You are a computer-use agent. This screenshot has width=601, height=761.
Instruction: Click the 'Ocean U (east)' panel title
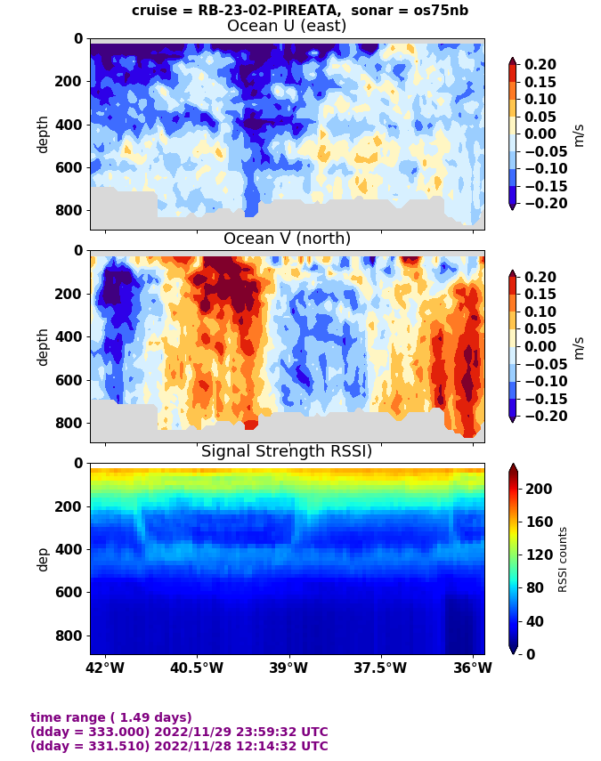tap(287, 26)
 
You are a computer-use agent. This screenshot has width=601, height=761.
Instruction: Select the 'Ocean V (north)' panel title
tap(287, 239)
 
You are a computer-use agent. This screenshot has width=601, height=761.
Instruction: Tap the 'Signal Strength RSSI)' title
tap(287, 451)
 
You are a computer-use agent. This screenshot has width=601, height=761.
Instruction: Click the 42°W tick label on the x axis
tap(105, 668)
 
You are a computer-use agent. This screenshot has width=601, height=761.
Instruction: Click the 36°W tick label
tap(472, 668)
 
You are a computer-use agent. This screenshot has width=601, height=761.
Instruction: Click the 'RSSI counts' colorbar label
tap(563, 559)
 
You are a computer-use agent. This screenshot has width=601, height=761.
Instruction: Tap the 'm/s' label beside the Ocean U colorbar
tap(579, 134)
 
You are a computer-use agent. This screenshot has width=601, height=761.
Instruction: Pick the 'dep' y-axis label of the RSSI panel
tap(43, 558)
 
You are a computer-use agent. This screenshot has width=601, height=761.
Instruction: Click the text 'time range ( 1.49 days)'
tap(111, 717)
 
